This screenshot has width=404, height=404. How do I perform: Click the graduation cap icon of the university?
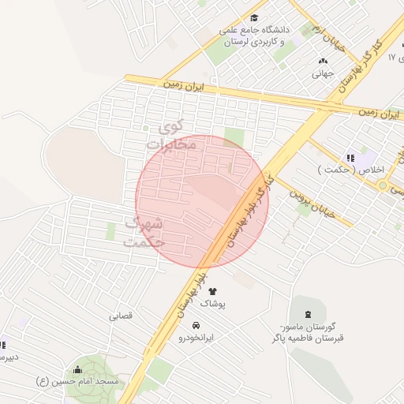pos(253,18)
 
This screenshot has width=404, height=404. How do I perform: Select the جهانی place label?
pos(324,75)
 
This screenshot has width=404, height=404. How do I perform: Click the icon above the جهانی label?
pos(323,62)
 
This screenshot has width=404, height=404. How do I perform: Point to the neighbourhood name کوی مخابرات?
pos(170,135)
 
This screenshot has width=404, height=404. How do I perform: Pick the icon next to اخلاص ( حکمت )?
pos(350,158)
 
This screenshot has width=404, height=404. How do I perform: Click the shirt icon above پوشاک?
pos(212,291)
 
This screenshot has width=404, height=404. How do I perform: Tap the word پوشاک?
pos(212,304)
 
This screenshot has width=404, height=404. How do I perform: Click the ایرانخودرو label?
pos(196,338)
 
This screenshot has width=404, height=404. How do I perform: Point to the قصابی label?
pos(121,316)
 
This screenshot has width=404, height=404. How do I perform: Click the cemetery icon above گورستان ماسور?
pos(306,315)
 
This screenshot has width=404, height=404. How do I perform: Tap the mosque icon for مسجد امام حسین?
pos(77,368)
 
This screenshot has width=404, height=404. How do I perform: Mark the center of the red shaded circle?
pos(202,202)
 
